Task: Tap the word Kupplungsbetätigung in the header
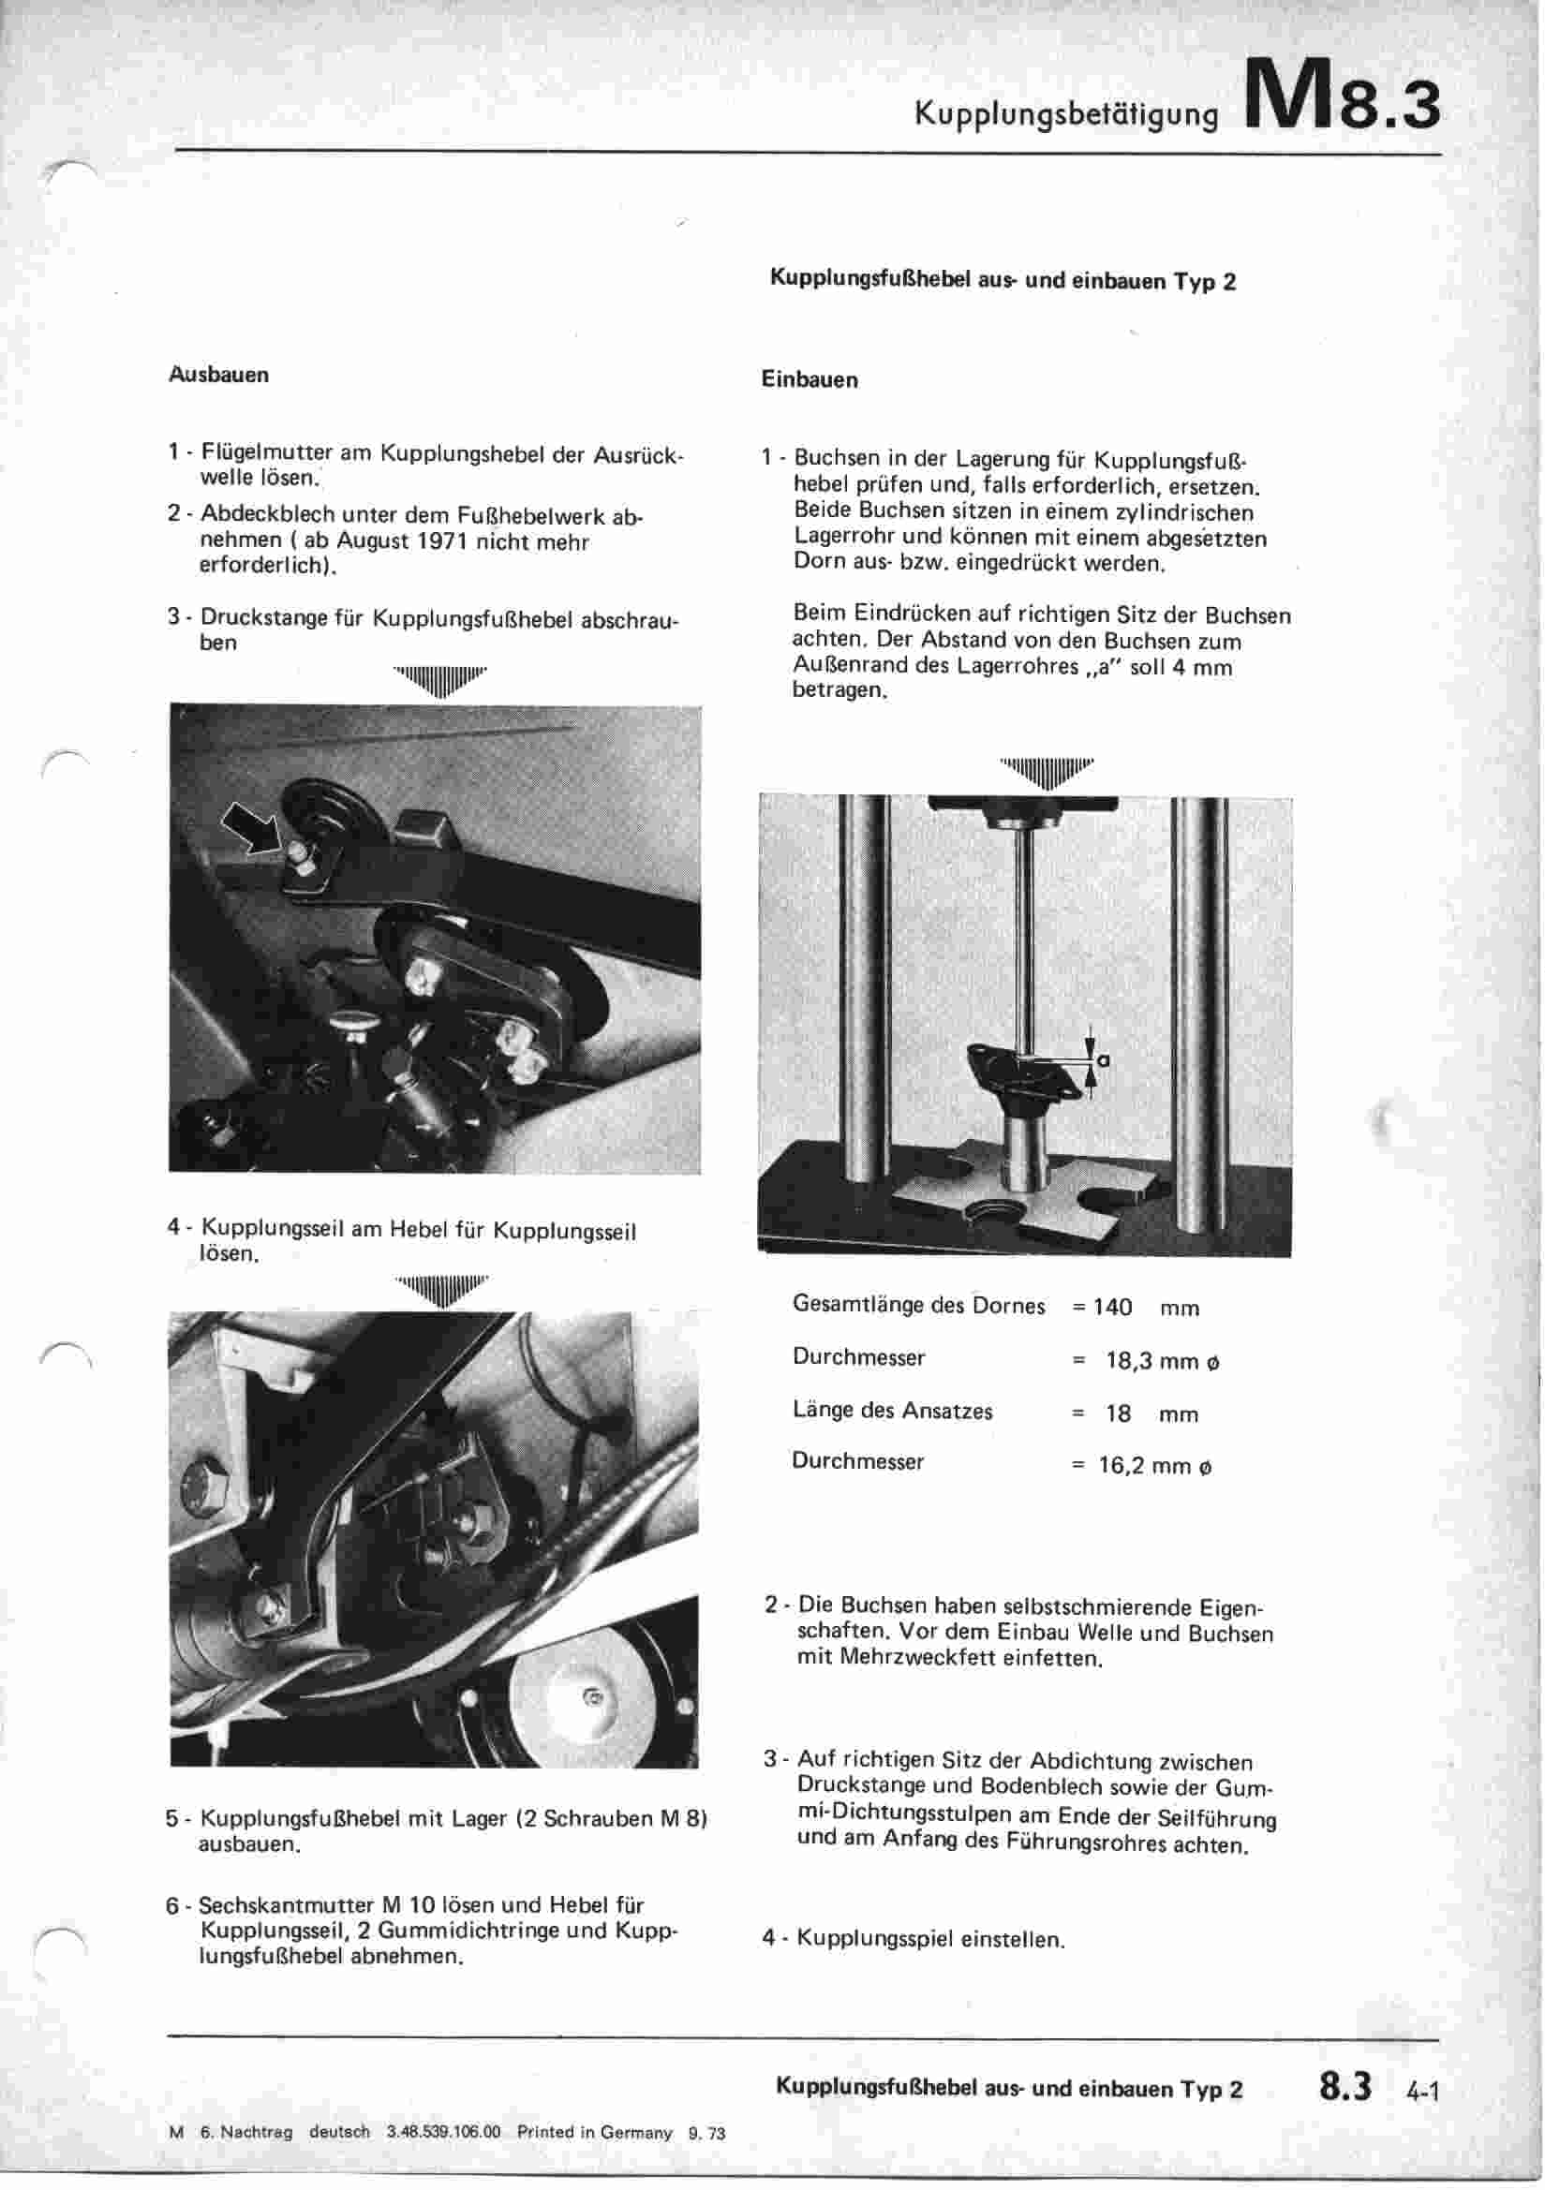tap(1066, 114)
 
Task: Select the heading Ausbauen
tap(218, 375)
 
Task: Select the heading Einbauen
tap(810, 379)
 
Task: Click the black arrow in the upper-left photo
tap(252, 826)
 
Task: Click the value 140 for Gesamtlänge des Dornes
tap(1112, 1307)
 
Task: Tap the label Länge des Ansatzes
tap(892, 1411)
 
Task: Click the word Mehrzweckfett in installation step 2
tap(918, 1658)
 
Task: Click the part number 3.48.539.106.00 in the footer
tap(443, 2132)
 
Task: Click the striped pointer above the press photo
tap(1046, 771)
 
